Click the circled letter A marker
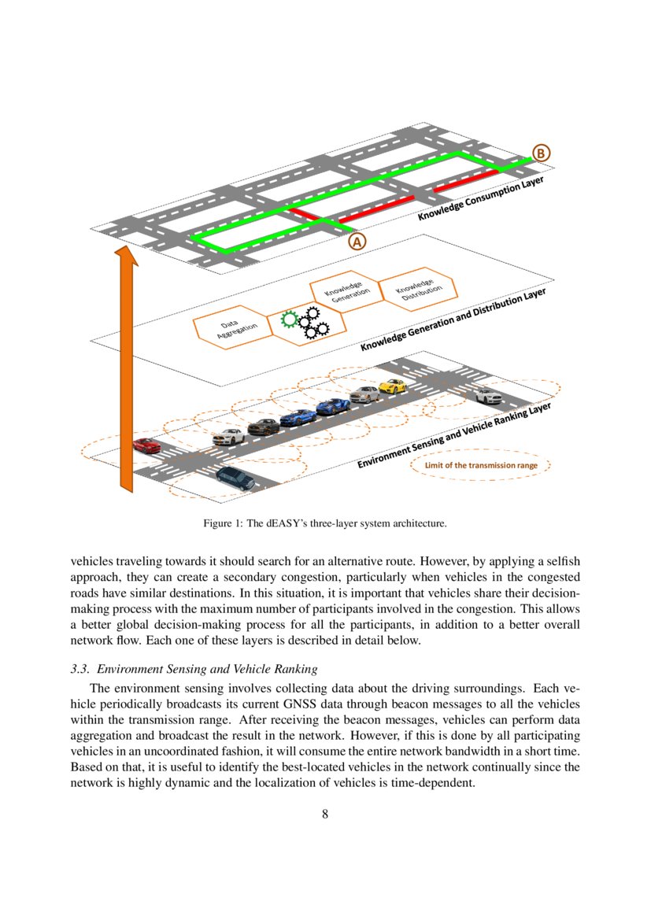(357, 242)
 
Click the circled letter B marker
(542, 153)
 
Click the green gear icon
(290, 319)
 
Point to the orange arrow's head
(125, 257)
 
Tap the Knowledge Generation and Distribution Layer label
(453, 319)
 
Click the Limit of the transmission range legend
(481, 465)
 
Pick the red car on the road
(146, 445)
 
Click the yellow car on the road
(392, 386)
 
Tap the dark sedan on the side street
(235, 478)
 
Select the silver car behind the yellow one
(364, 394)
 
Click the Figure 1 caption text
(325, 523)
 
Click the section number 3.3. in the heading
(81, 669)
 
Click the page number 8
(325, 814)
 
